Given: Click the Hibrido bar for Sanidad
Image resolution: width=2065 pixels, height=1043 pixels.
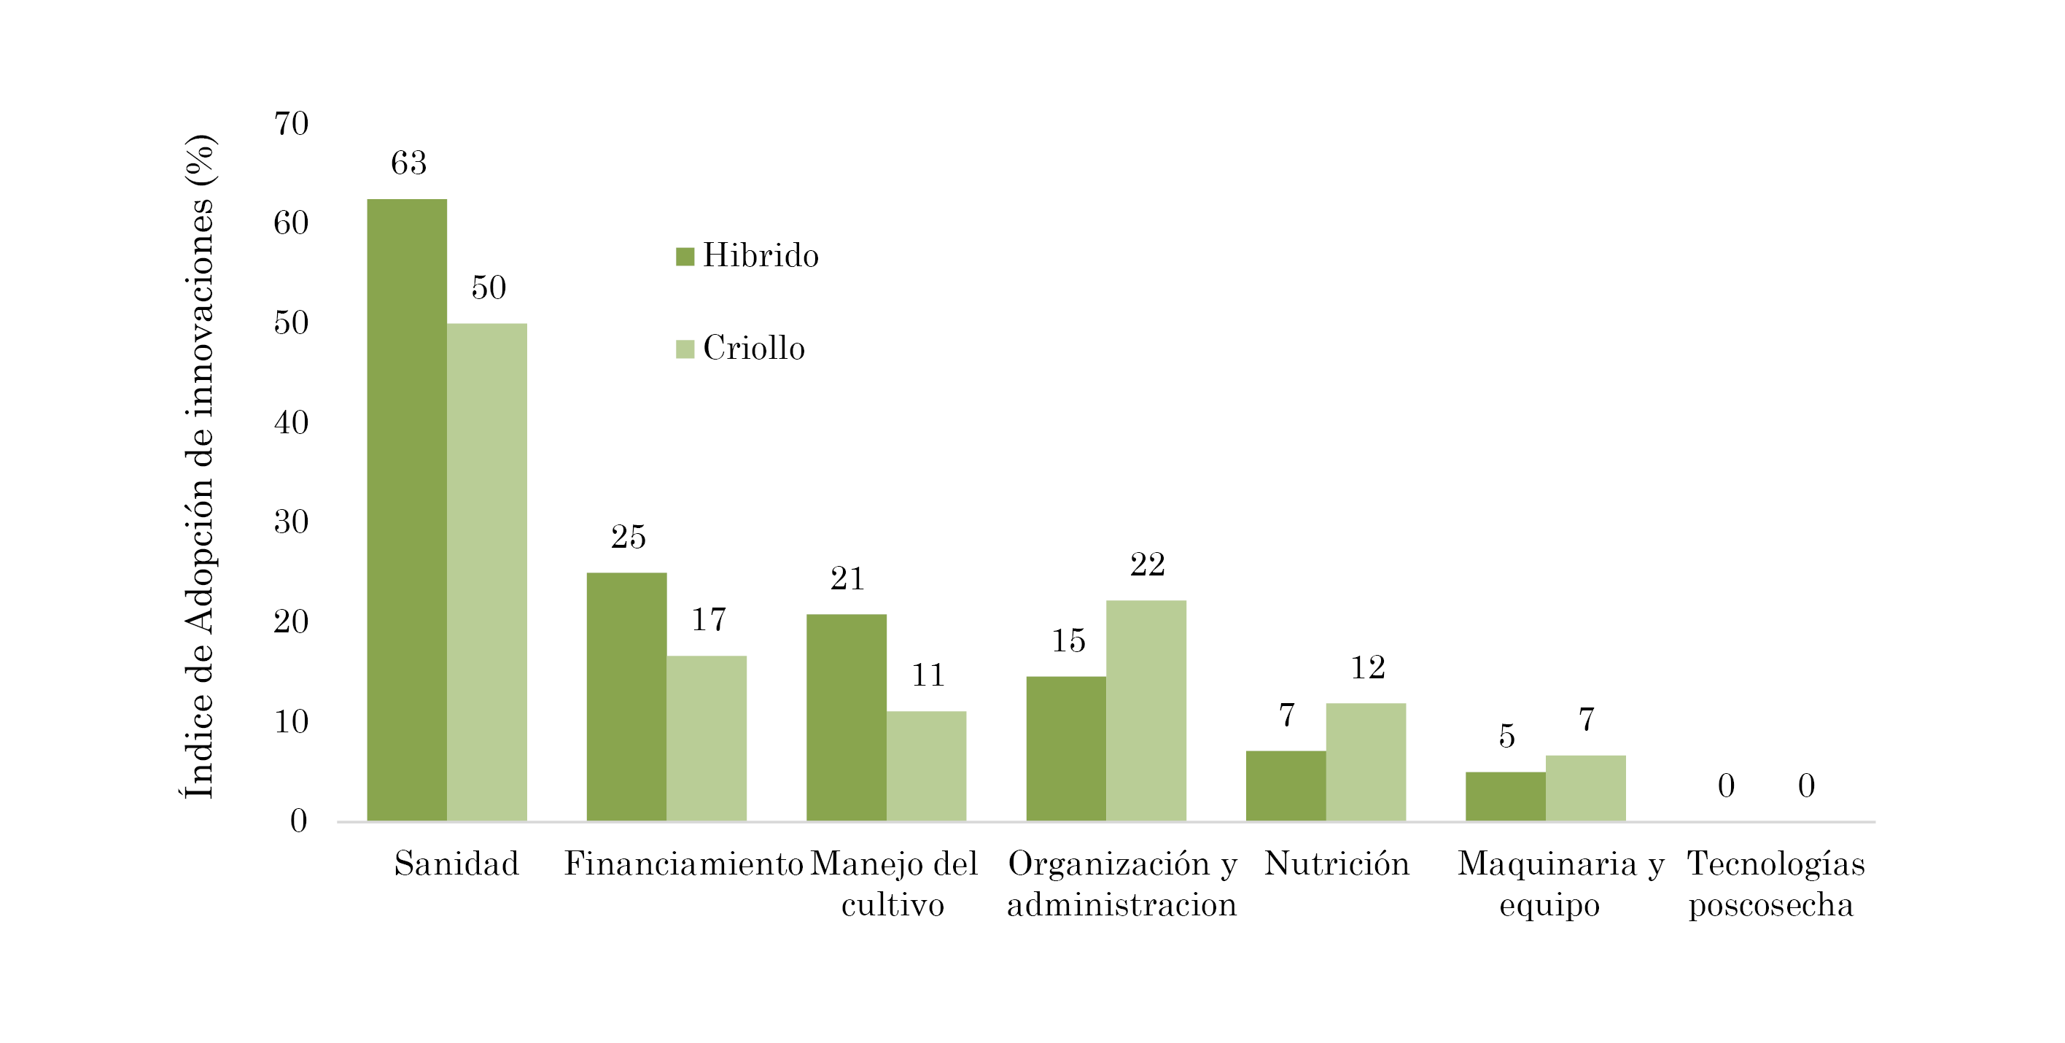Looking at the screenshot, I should (x=406, y=510).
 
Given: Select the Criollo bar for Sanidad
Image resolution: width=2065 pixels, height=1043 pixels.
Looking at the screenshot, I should (x=486, y=573).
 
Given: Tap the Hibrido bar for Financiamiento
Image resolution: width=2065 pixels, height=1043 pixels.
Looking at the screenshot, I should (x=626, y=697).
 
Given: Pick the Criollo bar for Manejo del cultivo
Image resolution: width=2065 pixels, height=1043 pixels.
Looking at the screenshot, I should (x=926, y=766).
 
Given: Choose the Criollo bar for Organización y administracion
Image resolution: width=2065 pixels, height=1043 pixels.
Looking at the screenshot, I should (x=1146, y=710).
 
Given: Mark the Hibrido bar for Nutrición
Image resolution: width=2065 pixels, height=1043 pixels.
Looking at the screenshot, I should (x=1285, y=786).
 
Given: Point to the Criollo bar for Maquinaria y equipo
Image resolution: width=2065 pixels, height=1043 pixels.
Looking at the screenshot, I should (x=1584, y=788).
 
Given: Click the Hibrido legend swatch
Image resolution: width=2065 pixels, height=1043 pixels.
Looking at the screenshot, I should (x=685, y=257).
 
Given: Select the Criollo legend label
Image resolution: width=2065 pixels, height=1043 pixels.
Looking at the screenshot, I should (x=753, y=348).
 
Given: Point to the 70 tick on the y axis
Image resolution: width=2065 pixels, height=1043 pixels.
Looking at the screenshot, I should (x=291, y=124).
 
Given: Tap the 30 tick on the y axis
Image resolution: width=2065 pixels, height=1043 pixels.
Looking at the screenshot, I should (x=291, y=522).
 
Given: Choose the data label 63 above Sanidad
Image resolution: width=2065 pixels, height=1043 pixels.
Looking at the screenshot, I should (x=408, y=163).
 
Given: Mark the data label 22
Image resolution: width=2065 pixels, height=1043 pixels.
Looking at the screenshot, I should (x=1147, y=565).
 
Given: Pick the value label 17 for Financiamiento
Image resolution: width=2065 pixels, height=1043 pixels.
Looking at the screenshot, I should (x=709, y=620).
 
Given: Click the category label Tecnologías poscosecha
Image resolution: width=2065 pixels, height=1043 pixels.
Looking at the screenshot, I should (x=1775, y=883).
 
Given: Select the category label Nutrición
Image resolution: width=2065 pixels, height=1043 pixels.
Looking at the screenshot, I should (x=1337, y=864).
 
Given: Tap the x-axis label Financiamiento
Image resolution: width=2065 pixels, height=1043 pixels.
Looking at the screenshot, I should (x=683, y=864).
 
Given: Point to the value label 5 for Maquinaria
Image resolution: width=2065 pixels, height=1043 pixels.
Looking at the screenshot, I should (x=1506, y=736).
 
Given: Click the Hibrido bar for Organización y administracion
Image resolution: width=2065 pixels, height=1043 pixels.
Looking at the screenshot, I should (x=1065, y=749).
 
